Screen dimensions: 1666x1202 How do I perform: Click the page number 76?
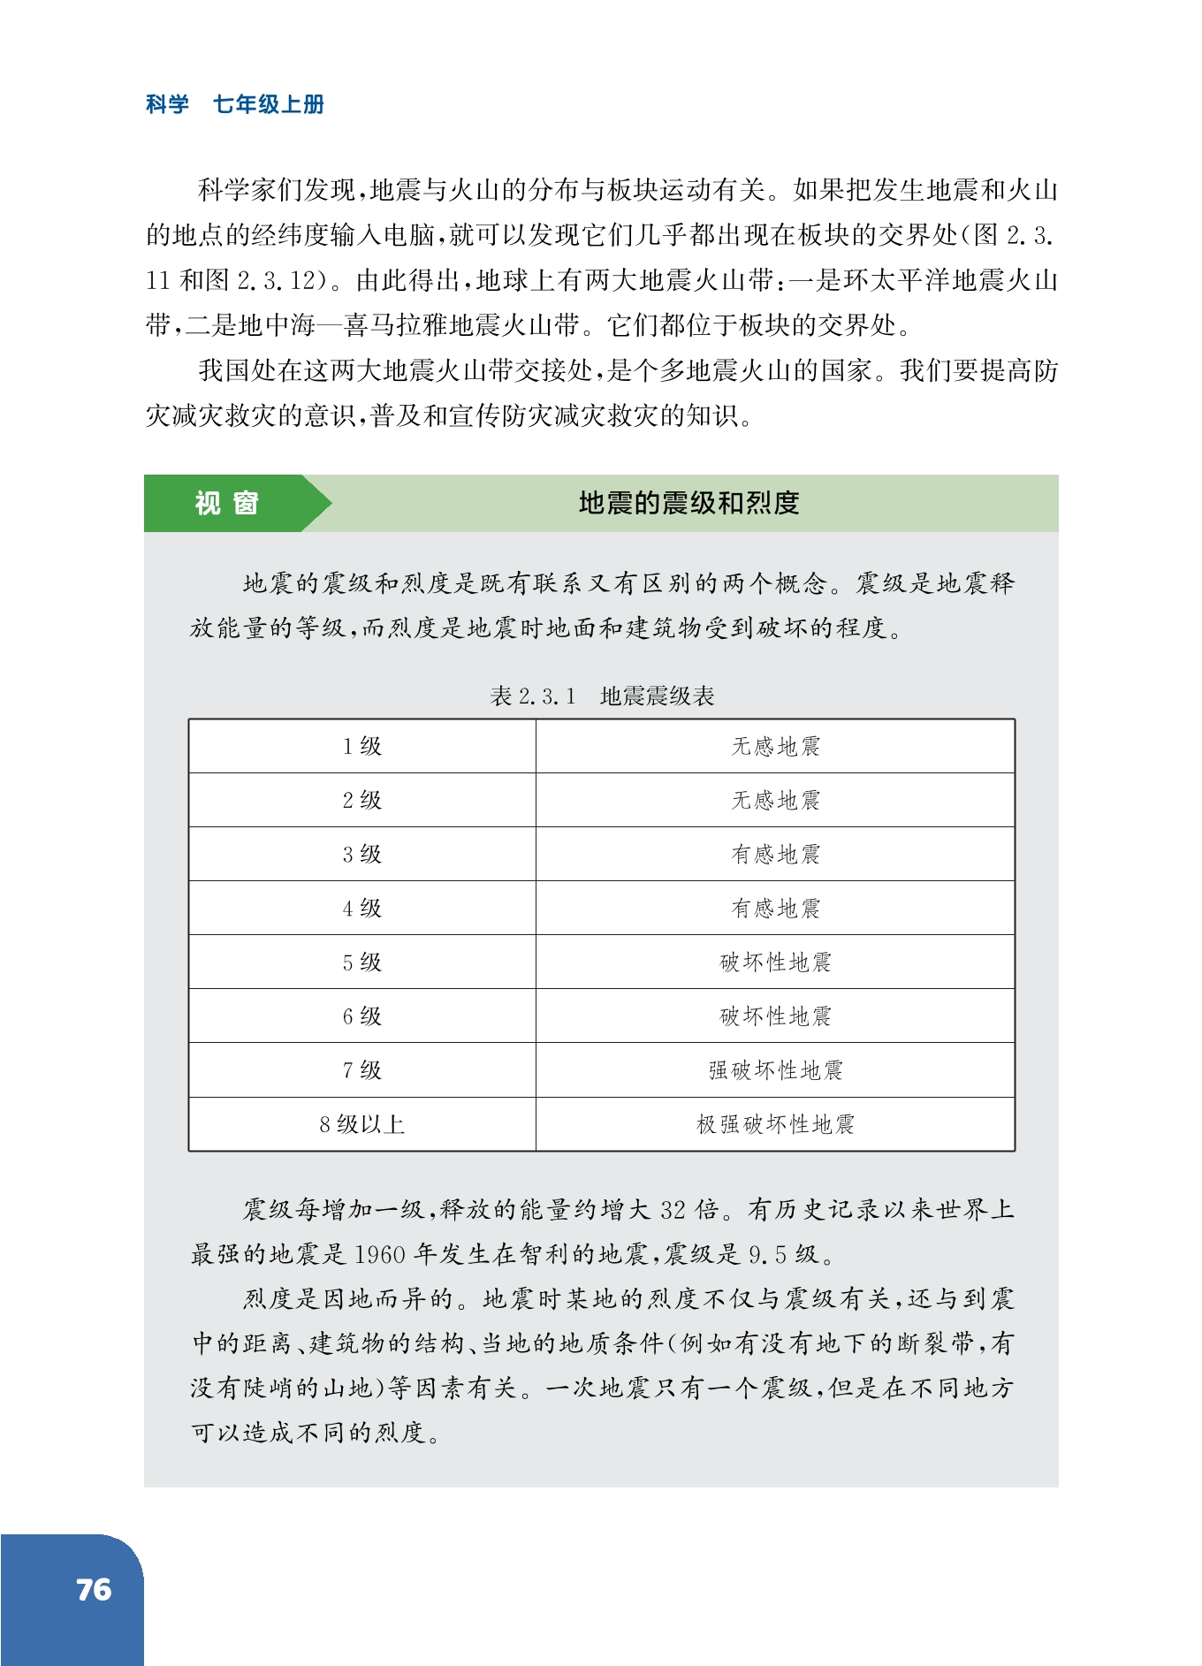[x=94, y=1589]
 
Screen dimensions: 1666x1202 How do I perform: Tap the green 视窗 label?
[x=226, y=503]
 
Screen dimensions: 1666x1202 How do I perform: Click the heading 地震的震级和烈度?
[x=688, y=503]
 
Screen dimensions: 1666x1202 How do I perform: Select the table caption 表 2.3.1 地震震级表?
[x=602, y=696]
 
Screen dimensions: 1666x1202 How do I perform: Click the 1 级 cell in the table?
[x=361, y=747]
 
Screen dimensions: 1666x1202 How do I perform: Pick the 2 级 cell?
[x=361, y=801]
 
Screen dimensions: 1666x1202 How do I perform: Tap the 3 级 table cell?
[x=361, y=855]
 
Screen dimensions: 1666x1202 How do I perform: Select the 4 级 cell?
[x=361, y=909]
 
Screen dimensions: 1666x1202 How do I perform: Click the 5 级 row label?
[x=361, y=962]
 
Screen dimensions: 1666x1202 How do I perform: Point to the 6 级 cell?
[x=361, y=1016]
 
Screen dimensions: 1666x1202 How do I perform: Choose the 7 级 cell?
[x=361, y=1070]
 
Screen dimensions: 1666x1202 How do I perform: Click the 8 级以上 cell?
[x=361, y=1124]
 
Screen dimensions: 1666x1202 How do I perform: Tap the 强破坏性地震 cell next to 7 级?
[x=775, y=1070]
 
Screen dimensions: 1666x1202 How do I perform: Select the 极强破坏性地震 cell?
[x=775, y=1124]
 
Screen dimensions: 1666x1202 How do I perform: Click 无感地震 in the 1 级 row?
[x=775, y=747]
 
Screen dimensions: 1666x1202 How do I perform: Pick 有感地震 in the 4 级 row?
[x=775, y=909]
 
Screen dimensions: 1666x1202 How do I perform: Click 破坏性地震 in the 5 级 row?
[x=775, y=962]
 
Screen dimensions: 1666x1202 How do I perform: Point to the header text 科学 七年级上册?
[x=235, y=104]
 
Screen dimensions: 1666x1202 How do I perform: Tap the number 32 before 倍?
[x=673, y=1210]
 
